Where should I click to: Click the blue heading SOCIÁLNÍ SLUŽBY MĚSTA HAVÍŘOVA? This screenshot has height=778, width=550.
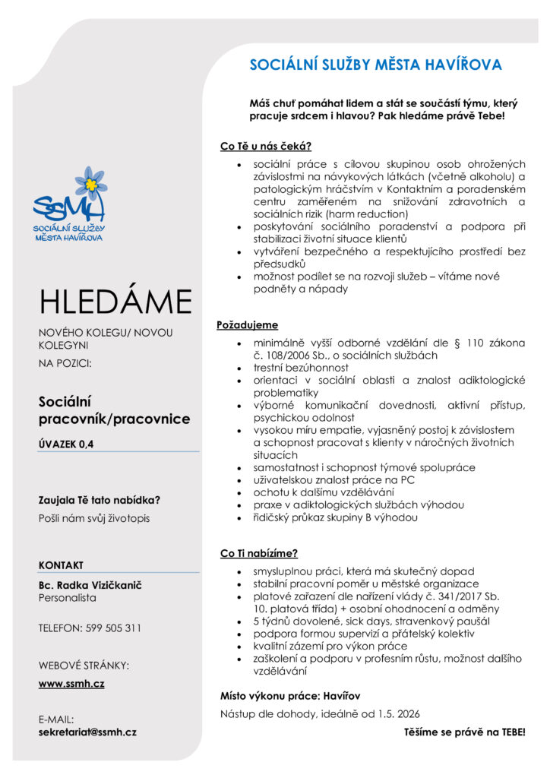point(375,65)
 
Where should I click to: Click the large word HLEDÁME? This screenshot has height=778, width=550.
point(116,302)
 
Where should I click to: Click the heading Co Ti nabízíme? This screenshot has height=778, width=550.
point(258,553)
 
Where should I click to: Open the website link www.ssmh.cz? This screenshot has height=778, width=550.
point(71,685)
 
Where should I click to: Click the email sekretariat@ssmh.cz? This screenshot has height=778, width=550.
point(87,732)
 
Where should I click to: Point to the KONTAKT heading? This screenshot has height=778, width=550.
point(61,565)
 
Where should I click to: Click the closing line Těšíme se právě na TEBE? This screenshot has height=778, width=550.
point(464,733)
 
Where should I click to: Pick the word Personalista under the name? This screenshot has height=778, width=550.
point(68,598)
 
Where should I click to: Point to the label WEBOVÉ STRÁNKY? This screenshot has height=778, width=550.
point(84,666)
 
